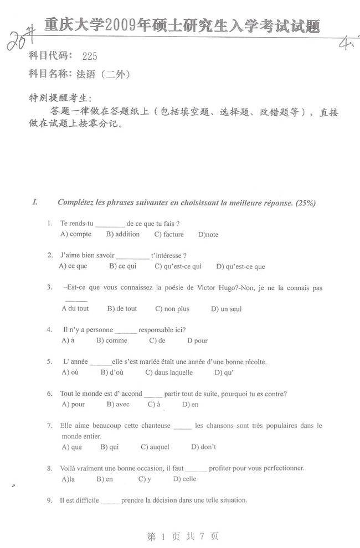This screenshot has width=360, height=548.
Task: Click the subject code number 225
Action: tap(90, 56)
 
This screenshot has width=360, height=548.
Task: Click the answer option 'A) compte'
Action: tap(76, 234)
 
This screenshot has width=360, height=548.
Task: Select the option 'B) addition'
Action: tap(123, 234)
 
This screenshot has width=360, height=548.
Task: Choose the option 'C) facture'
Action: tap(169, 234)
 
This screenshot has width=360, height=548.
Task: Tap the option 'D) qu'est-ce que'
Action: tap(240, 266)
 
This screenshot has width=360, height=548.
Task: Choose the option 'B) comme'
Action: tap(112, 340)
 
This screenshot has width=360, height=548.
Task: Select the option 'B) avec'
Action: tap(117, 405)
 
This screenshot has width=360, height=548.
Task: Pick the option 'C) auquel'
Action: tap(155, 447)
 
